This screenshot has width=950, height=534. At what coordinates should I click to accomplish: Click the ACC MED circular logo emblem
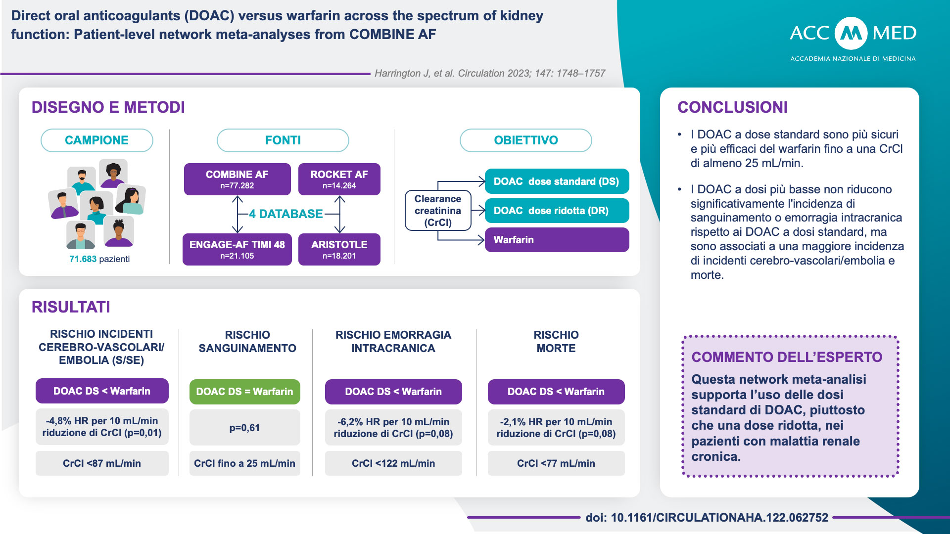(851, 33)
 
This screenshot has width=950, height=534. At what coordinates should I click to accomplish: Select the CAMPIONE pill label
(97, 140)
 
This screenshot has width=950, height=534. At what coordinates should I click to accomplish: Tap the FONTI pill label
(283, 140)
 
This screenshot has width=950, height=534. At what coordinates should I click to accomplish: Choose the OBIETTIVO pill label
(525, 140)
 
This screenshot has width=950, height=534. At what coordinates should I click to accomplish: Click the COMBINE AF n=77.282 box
(237, 179)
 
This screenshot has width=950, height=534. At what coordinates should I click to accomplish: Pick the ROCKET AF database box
(339, 179)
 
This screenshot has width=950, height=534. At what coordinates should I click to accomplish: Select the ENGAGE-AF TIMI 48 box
(237, 249)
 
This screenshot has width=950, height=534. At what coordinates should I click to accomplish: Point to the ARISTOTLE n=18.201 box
(339, 249)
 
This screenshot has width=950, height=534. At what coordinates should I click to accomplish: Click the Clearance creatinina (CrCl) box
(438, 211)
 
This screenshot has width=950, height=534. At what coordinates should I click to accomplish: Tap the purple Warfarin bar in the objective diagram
(557, 240)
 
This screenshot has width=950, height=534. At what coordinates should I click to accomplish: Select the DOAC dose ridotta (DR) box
(557, 211)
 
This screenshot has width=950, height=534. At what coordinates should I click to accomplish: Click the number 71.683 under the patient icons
(83, 259)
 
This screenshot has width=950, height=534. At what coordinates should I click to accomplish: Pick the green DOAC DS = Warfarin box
(244, 392)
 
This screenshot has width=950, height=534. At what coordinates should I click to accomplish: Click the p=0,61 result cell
(244, 428)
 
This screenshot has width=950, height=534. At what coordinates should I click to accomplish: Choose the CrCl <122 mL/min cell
(393, 463)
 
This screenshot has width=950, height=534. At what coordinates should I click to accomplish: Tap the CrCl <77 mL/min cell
(556, 463)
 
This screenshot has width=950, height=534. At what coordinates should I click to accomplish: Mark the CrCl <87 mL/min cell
(102, 463)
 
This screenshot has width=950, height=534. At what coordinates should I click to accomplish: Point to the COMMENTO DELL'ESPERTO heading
(787, 357)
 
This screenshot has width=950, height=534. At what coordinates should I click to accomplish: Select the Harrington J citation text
(489, 73)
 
